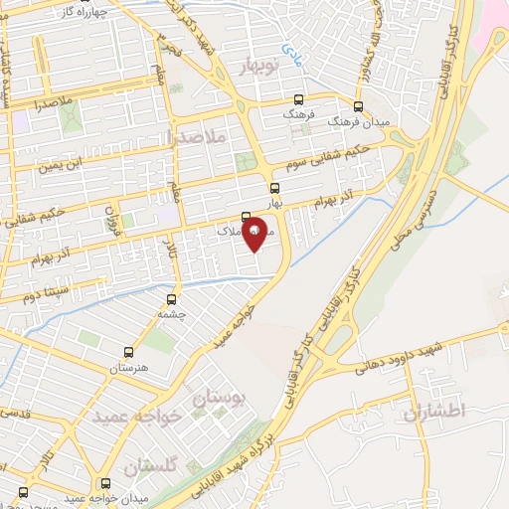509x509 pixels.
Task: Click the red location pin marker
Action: point(255,234)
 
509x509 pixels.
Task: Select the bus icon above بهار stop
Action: point(274,187)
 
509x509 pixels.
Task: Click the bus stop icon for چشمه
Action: point(172,298)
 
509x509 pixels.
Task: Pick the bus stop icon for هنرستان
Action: point(128,352)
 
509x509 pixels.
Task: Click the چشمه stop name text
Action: point(172,314)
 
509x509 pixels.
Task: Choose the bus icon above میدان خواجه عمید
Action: point(23,491)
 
